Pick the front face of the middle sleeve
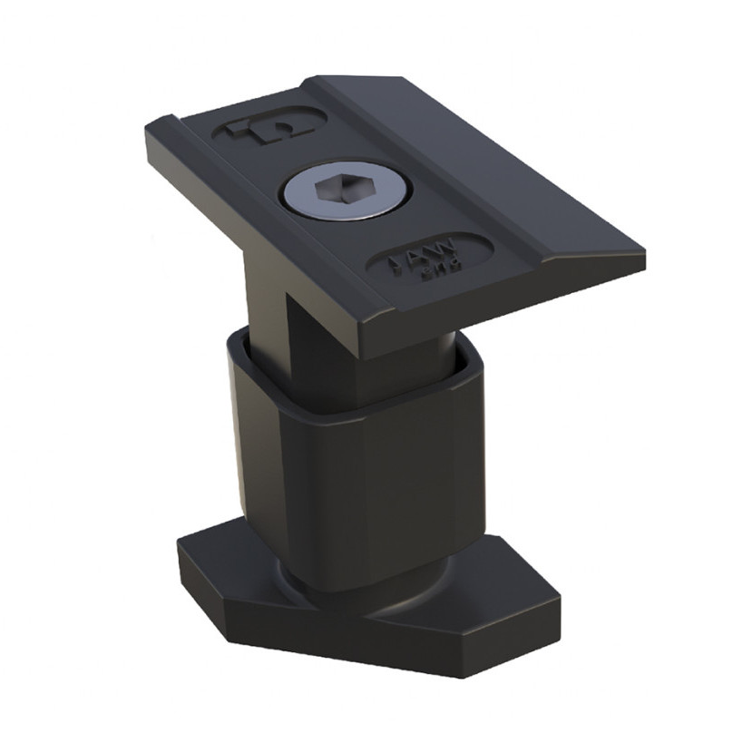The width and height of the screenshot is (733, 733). (399, 481)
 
